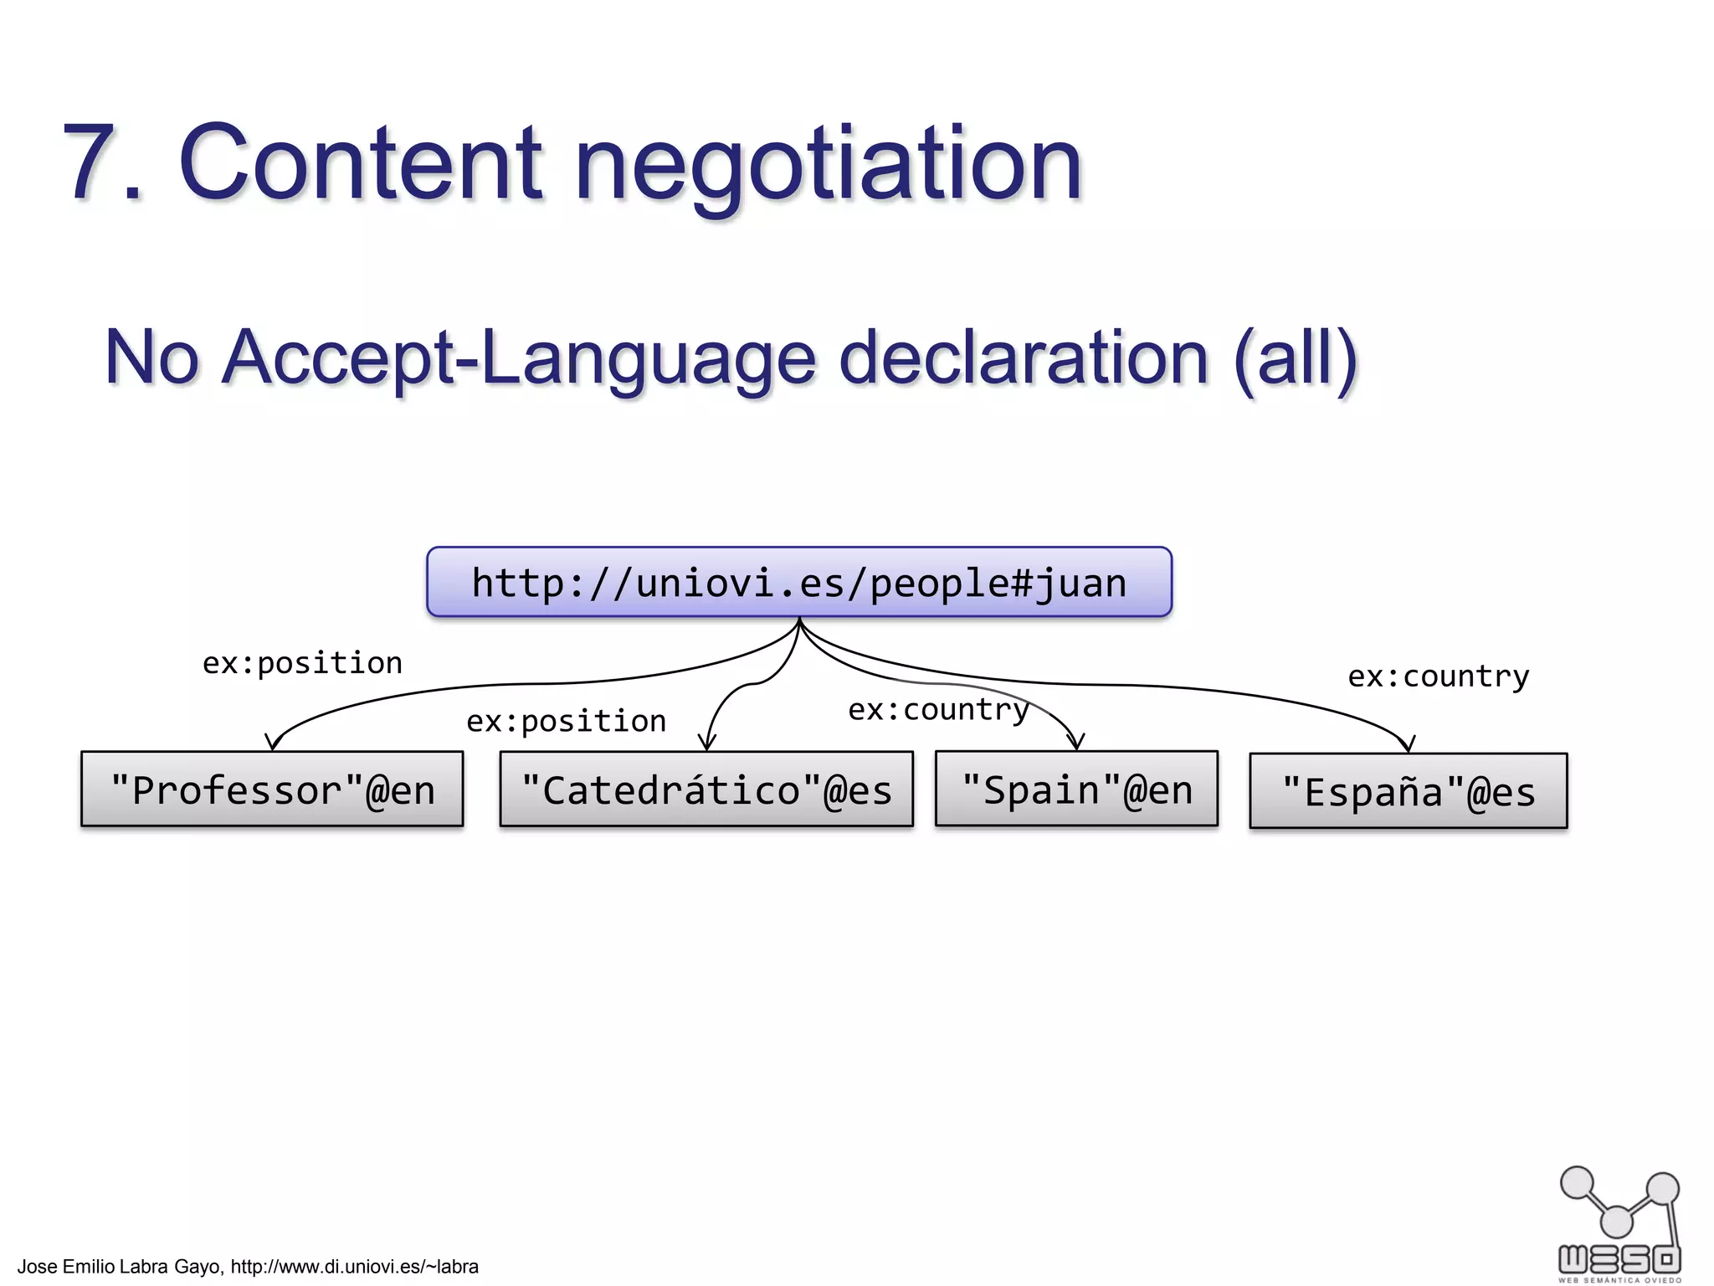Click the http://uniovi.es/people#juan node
point(798,583)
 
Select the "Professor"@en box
point(272,790)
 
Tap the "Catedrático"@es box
point(706,790)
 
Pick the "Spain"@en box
point(1076,789)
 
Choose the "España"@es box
point(1408,791)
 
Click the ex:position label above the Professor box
point(302,663)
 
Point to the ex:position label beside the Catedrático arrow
point(566,721)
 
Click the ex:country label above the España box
point(1438,676)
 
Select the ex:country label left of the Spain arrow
point(938,710)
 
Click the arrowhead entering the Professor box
point(272,743)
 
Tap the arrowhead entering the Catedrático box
point(707,742)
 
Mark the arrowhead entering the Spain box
point(1076,742)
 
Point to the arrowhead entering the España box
point(1408,744)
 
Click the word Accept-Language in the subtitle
point(519,358)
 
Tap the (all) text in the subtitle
point(1296,358)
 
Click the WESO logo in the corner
point(1619,1224)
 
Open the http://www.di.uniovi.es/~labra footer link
point(354,1267)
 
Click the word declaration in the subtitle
point(1024,358)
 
